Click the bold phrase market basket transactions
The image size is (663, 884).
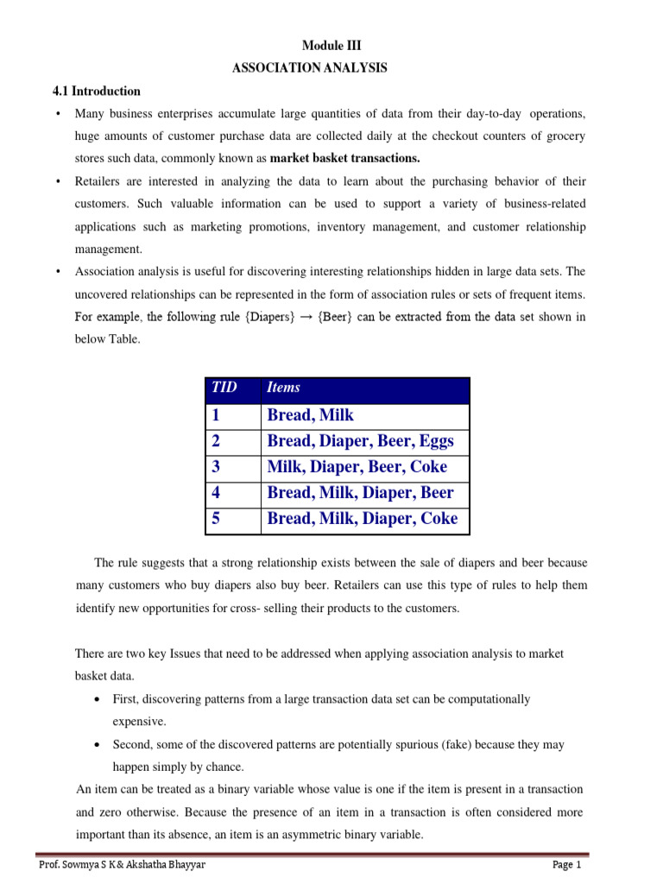point(344,158)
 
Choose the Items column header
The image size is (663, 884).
point(284,388)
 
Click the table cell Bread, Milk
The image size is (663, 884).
point(311,415)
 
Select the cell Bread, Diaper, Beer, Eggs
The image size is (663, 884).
point(360,441)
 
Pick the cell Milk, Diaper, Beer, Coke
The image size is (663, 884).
point(357,467)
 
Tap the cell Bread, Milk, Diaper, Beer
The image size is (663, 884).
point(360,493)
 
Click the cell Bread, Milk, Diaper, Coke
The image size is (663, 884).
point(363,520)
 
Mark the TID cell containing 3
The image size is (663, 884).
point(217,467)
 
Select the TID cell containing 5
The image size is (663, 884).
point(217,520)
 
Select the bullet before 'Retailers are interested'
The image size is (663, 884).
point(57,181)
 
